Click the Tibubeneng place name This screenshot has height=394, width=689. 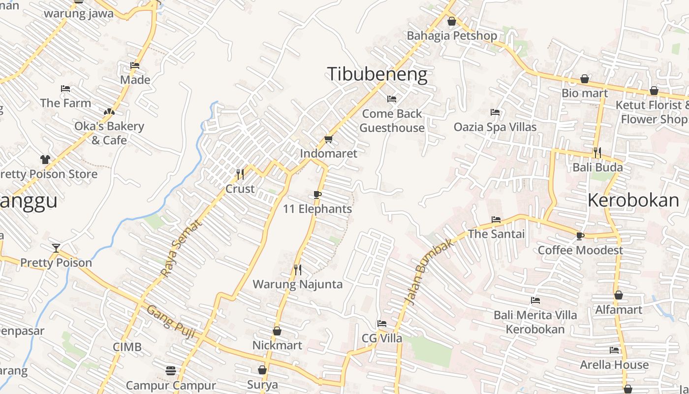(x=377, y=74)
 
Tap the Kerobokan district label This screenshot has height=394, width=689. (x=633, y=200)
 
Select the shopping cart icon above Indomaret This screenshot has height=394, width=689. (x=329, y=139)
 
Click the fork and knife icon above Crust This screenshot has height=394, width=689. (x=240, y=174)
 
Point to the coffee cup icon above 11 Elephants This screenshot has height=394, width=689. (x=317, y=195)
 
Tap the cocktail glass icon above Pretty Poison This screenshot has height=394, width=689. (x=56, y=248)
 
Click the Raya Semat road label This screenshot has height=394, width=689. (x=181, y=248)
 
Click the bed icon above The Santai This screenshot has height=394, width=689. (x=496, y=219)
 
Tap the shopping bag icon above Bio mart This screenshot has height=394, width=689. (x=585, y=79)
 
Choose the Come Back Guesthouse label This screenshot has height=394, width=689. (x=392, y=121)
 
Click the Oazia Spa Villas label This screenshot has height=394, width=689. (x=495, y=127)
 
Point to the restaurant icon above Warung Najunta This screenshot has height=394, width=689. (x=297, y=269)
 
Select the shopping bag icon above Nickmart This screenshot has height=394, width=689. (x=277, y=331)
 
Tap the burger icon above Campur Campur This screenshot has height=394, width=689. (x=171, y=370)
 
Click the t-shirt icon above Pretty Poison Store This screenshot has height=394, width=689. (x=45, y=159)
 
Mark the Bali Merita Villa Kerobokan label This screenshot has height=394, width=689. (x=535, y=322)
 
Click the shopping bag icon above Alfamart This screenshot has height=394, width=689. (x=619, y=295)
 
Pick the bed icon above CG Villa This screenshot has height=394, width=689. (x=381, y=324)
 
